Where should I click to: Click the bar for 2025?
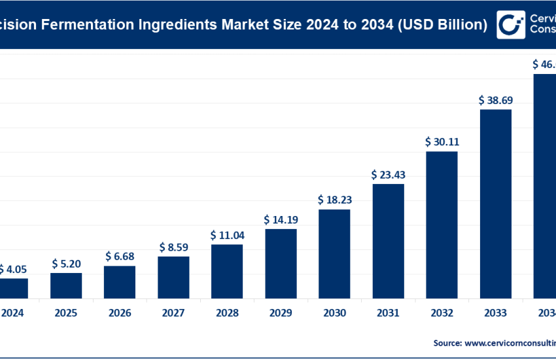tap(66, 285)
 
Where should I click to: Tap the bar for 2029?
tap(281, 263)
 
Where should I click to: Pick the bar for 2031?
tap(388, 241)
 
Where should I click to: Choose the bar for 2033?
tap(495, 204)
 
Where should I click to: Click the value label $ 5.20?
tap(66, 264)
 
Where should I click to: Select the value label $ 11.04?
tap(227, 234)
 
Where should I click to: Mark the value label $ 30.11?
tap(442, 141)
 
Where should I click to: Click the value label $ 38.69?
tap(495, 100)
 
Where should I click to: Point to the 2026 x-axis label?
tap(120, 314)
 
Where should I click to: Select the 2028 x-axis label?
tap(227, 314)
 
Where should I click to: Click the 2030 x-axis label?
tap(334, 314)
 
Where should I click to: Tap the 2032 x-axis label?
tap(442, 314)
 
